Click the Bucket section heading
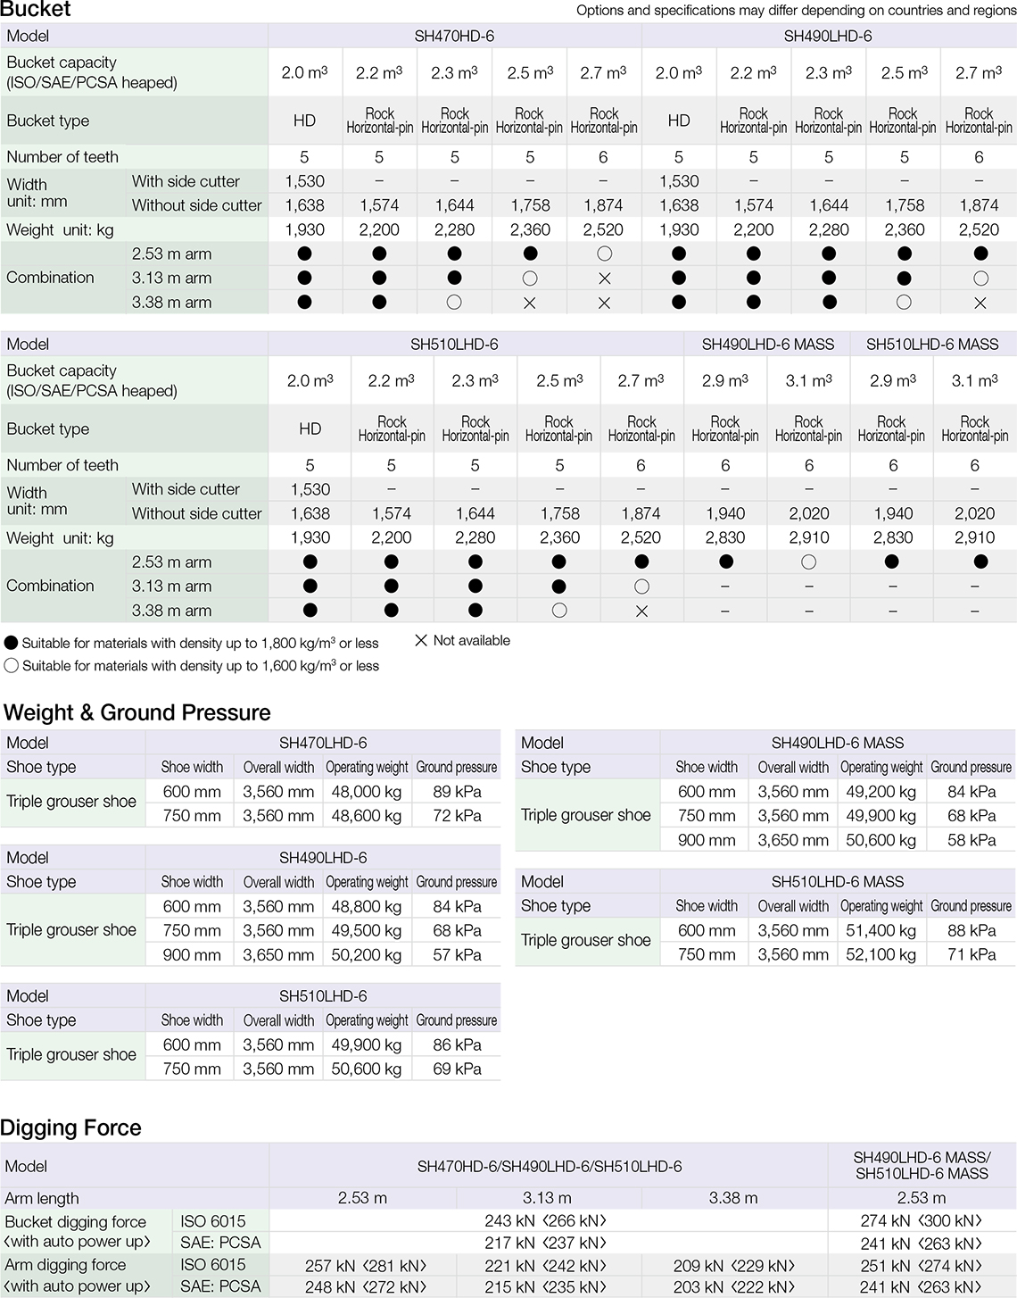pyautogui.click(x=36, y=10)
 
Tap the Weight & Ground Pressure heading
pyautogui.click(x=137, y=712)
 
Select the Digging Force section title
pyautogui.click(x=71, y=1127)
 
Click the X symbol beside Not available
pyautogui.click(x=421, y=641)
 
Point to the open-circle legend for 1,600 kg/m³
pyautogui.click(x=12, y=666)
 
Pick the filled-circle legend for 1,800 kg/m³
pyautogui.click(x=12, y=643)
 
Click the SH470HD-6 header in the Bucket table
pyautogui.click(x=454, y=37)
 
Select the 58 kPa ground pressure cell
pyautogui.click(x=972, y=840)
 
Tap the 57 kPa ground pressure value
pyautogui.click(x=457, y=954)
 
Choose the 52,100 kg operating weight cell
pyautogui.click(x=881, y=954)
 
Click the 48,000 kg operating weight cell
pyautogui.click(x=367, y=792)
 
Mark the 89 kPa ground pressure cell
pyautogui.click(x=457, y=792)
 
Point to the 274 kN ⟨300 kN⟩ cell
pyautogui.click(x=921, y=1220)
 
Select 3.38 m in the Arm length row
pyautogui.click(x=733, y=1198)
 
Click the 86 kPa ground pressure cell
pyautogui.click(x=457, y=1044)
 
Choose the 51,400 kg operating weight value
pyautogui.click(x=881, y=930)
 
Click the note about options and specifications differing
pyautogui.click(x=796, y=11)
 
